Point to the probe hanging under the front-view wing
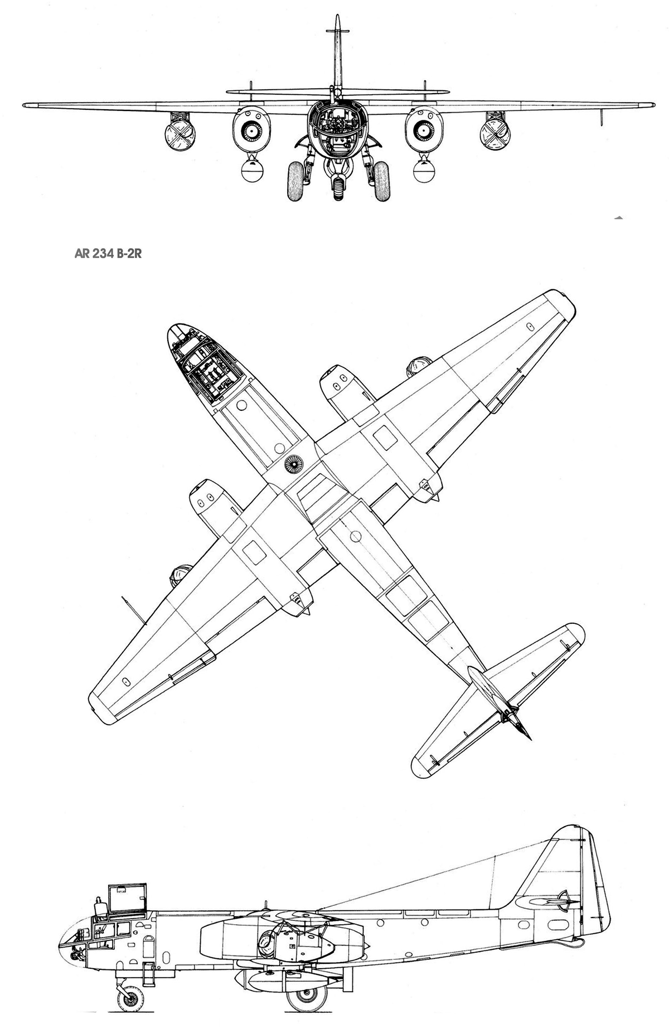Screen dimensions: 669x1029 (604, 116)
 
